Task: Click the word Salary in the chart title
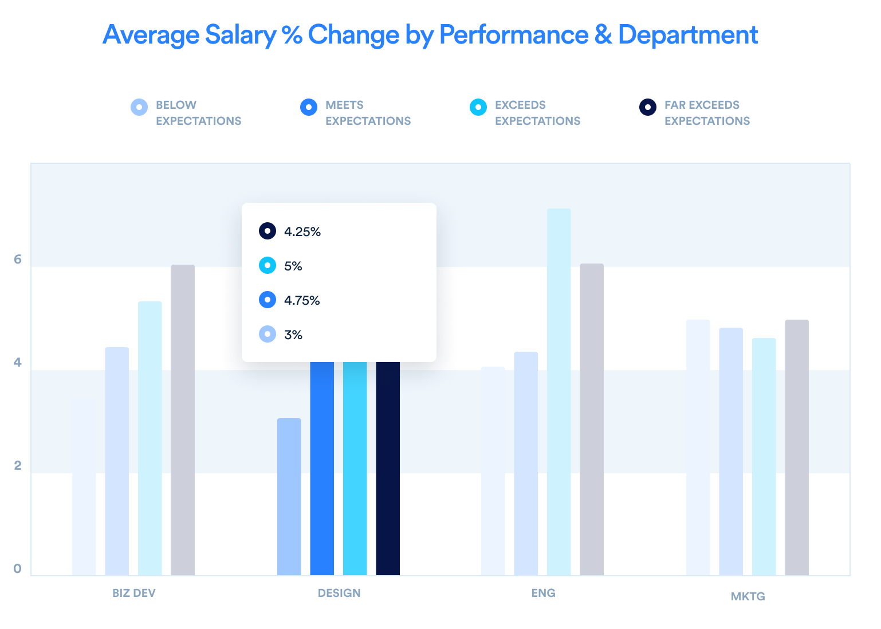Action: (241, 35)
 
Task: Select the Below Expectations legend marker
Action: (139, 107)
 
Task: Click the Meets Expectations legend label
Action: (368, 113)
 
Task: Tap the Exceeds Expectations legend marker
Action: (478, 107)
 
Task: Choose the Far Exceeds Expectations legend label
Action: (707, 113)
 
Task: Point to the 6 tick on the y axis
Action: (18, 260)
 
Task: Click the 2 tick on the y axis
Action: (18, 466)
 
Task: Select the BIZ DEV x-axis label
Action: (134, 593)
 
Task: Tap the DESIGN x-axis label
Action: (339, 593)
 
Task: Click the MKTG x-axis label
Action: (748, 596)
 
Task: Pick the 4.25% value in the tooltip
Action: (302, 232)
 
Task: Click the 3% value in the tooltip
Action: (293, 335)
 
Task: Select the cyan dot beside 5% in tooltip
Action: (268, 266)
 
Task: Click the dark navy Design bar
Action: (388, 470)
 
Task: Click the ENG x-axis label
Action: (543, 593)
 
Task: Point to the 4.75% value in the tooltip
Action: (302, 301)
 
